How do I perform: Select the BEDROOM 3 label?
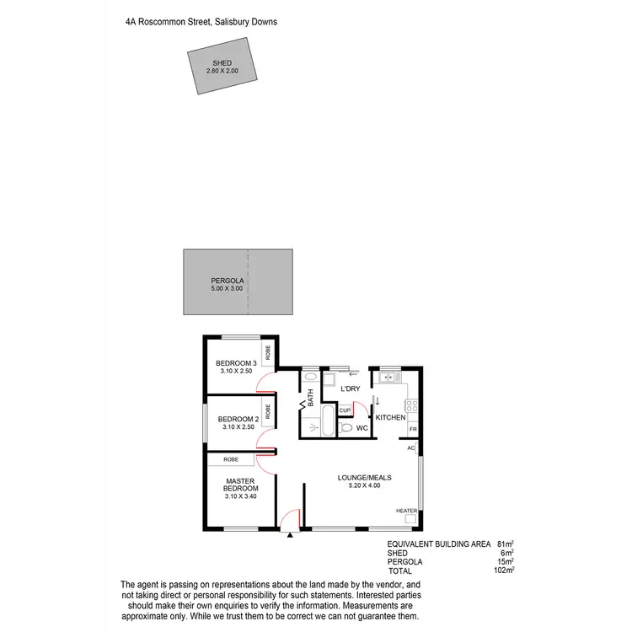click(x=236, y=363)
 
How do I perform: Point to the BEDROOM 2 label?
click(x=237, y=419)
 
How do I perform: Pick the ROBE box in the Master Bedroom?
click(x=232, y=459)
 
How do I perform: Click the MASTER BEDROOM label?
click(x=239, y=485)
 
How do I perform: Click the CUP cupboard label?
click(x=345, y=410)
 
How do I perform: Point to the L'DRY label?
click(x=350, y=389)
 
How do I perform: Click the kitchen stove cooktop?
click(x=413, y=404)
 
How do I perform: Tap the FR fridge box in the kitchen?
click(x=413, y=430)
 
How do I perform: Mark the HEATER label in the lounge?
click(x=406, y=511)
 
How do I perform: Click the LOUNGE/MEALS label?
click(x=364, y=477)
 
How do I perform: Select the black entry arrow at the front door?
click(x=290, y=534)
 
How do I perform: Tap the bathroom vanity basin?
click(x=309, y=378)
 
